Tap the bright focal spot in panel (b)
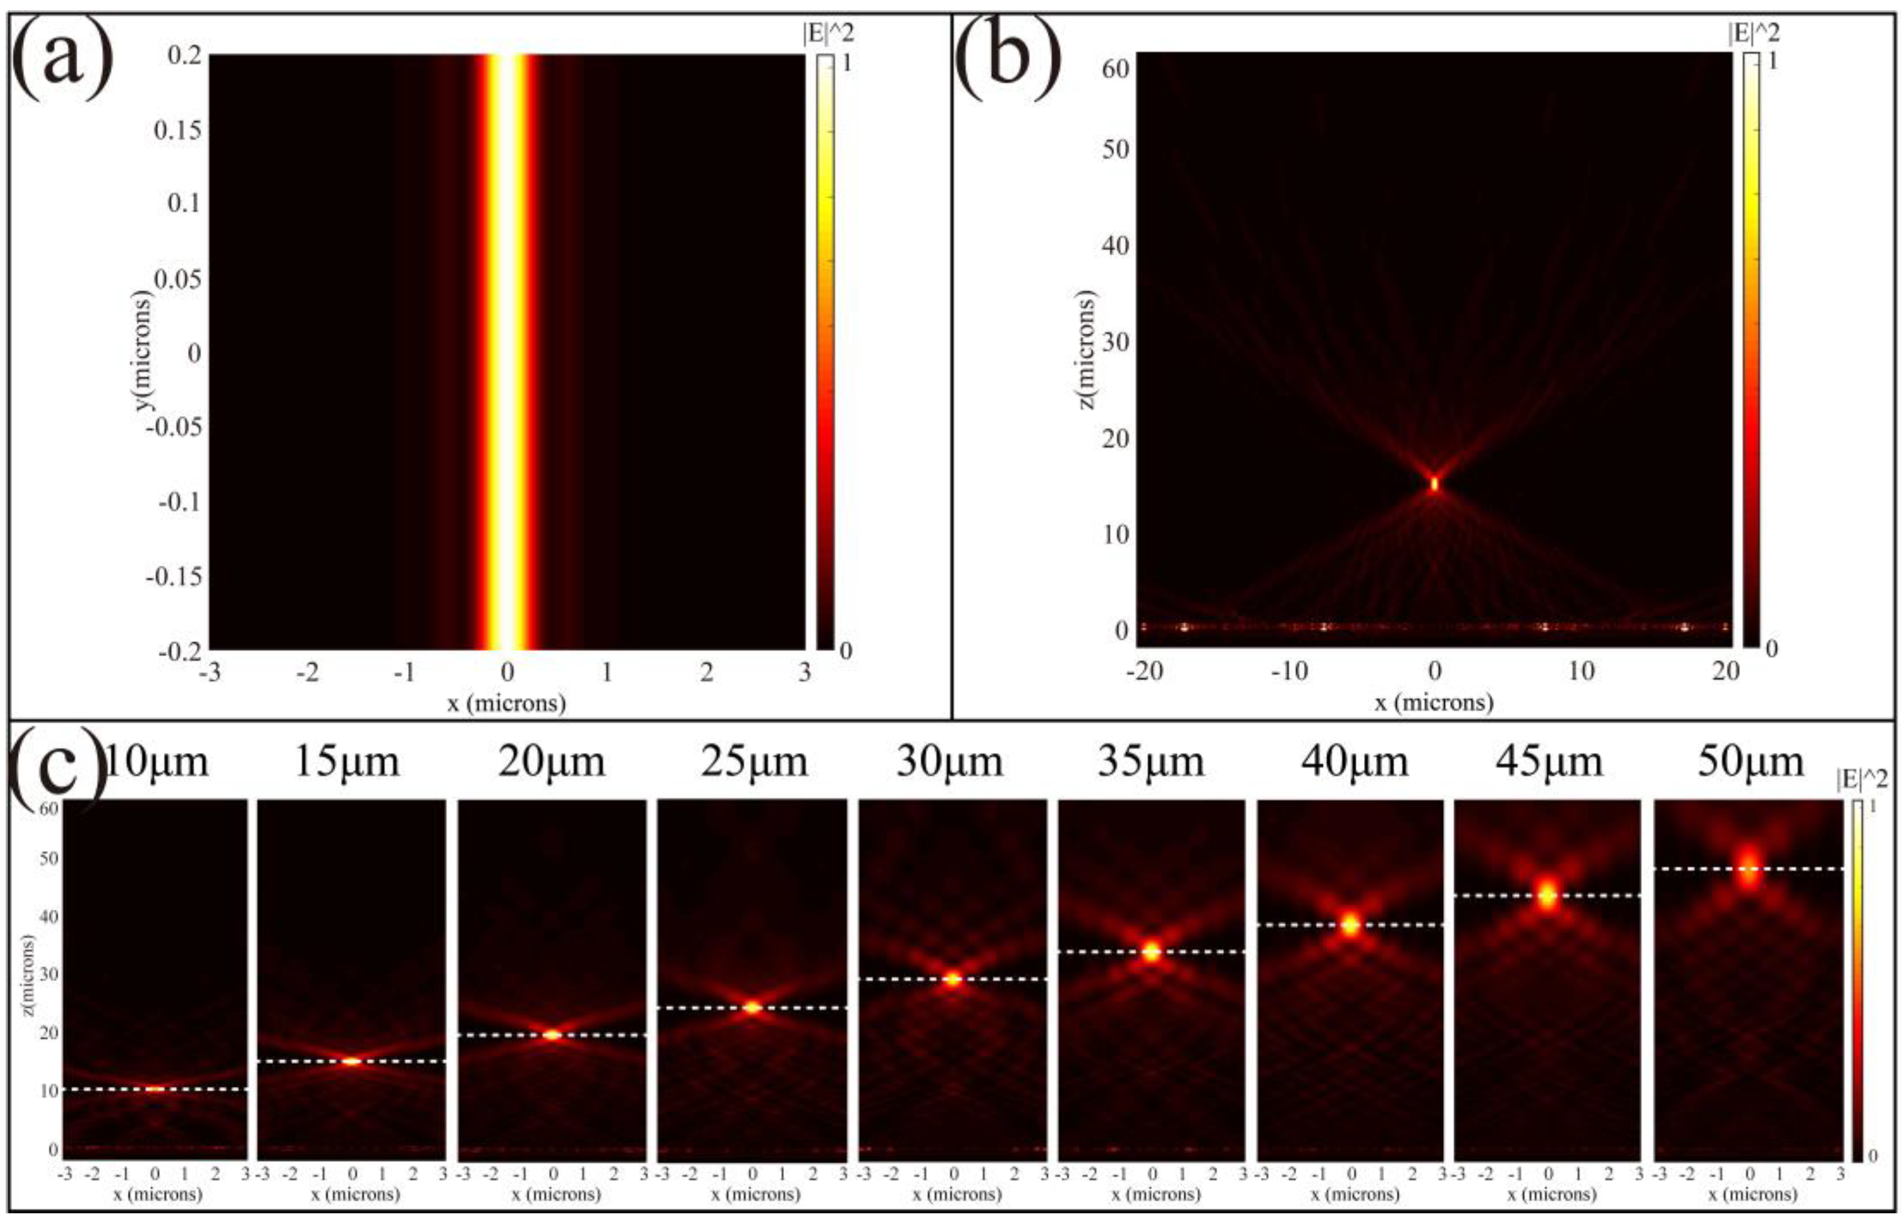(x=1434, y=483)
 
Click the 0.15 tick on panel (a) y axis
(x=178, y=130)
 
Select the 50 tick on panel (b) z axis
(x=1115, y=149)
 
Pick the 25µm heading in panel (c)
(x=753, y=762)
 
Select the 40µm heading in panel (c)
(x=1354, y=762)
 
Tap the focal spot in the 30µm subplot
(x=953, y=980)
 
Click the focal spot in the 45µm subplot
(x=1547, y=896)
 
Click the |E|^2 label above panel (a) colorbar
(x=828, y=33)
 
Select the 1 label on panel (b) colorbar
(x=1772, y=61)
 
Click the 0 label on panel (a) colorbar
(x=845, y=650)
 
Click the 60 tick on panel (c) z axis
(x=49, y=808)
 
